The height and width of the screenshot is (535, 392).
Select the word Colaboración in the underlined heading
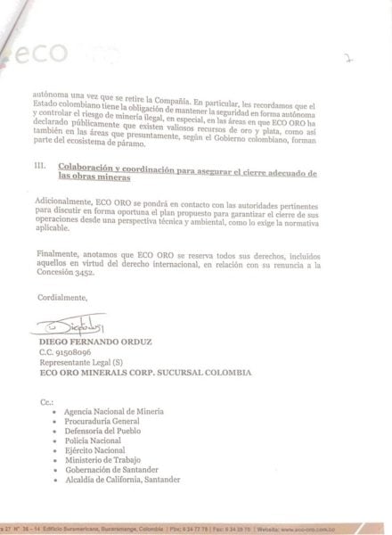[86, 167]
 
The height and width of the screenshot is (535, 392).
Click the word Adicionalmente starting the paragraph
[68, 203]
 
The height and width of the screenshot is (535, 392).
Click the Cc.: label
[46, 403]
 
